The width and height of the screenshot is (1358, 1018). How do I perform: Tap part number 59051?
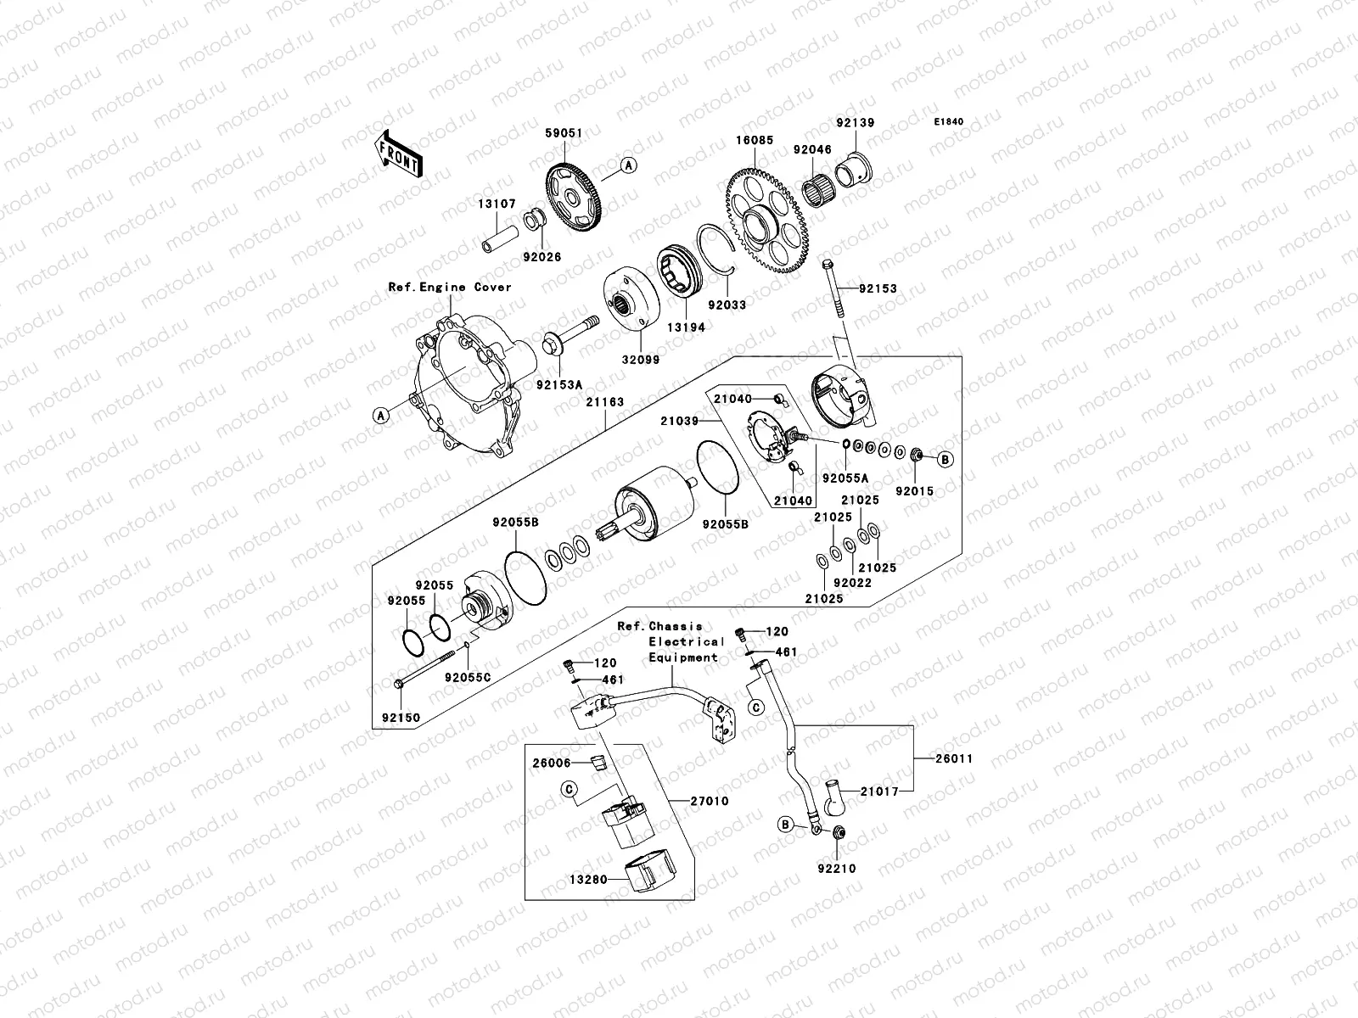[563, 133]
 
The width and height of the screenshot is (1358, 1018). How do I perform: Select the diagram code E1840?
[949, 122]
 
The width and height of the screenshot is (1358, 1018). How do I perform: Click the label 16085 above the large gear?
[755, 141]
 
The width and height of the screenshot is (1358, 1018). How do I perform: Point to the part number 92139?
[855, 122]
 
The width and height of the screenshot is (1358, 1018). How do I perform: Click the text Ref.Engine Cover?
[450, 288]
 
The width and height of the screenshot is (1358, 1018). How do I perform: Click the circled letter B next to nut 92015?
[946, 459]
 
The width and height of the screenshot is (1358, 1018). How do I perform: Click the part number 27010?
[709, 800]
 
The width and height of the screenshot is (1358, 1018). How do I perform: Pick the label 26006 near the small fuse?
[552, 763]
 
